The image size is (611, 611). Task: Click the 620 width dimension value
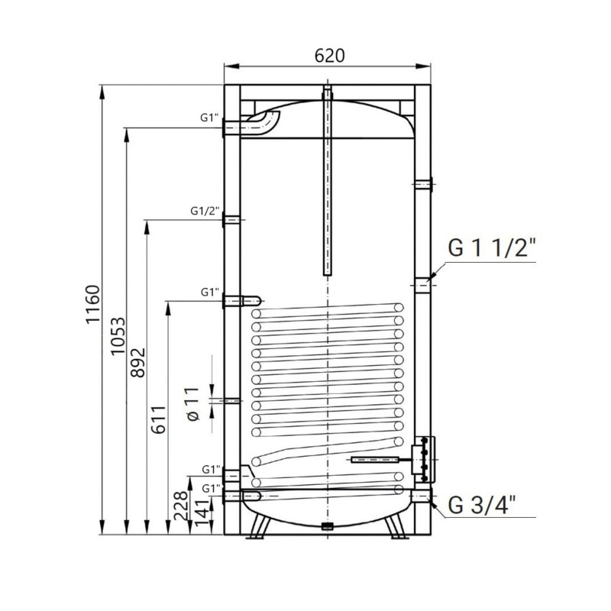coord(330,56)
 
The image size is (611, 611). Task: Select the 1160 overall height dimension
coord(93,305)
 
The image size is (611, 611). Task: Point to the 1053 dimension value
coord(118,336)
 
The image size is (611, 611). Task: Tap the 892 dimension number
coord(137,362)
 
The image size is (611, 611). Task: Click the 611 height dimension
coord(159,420)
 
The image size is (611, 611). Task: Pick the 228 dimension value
coord(180,506)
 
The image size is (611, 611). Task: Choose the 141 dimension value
coord(202,513)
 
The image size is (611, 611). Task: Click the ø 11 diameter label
coord(192,404)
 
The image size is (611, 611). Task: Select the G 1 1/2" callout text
coord(492,247)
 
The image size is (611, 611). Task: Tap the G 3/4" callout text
coord(482,506)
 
